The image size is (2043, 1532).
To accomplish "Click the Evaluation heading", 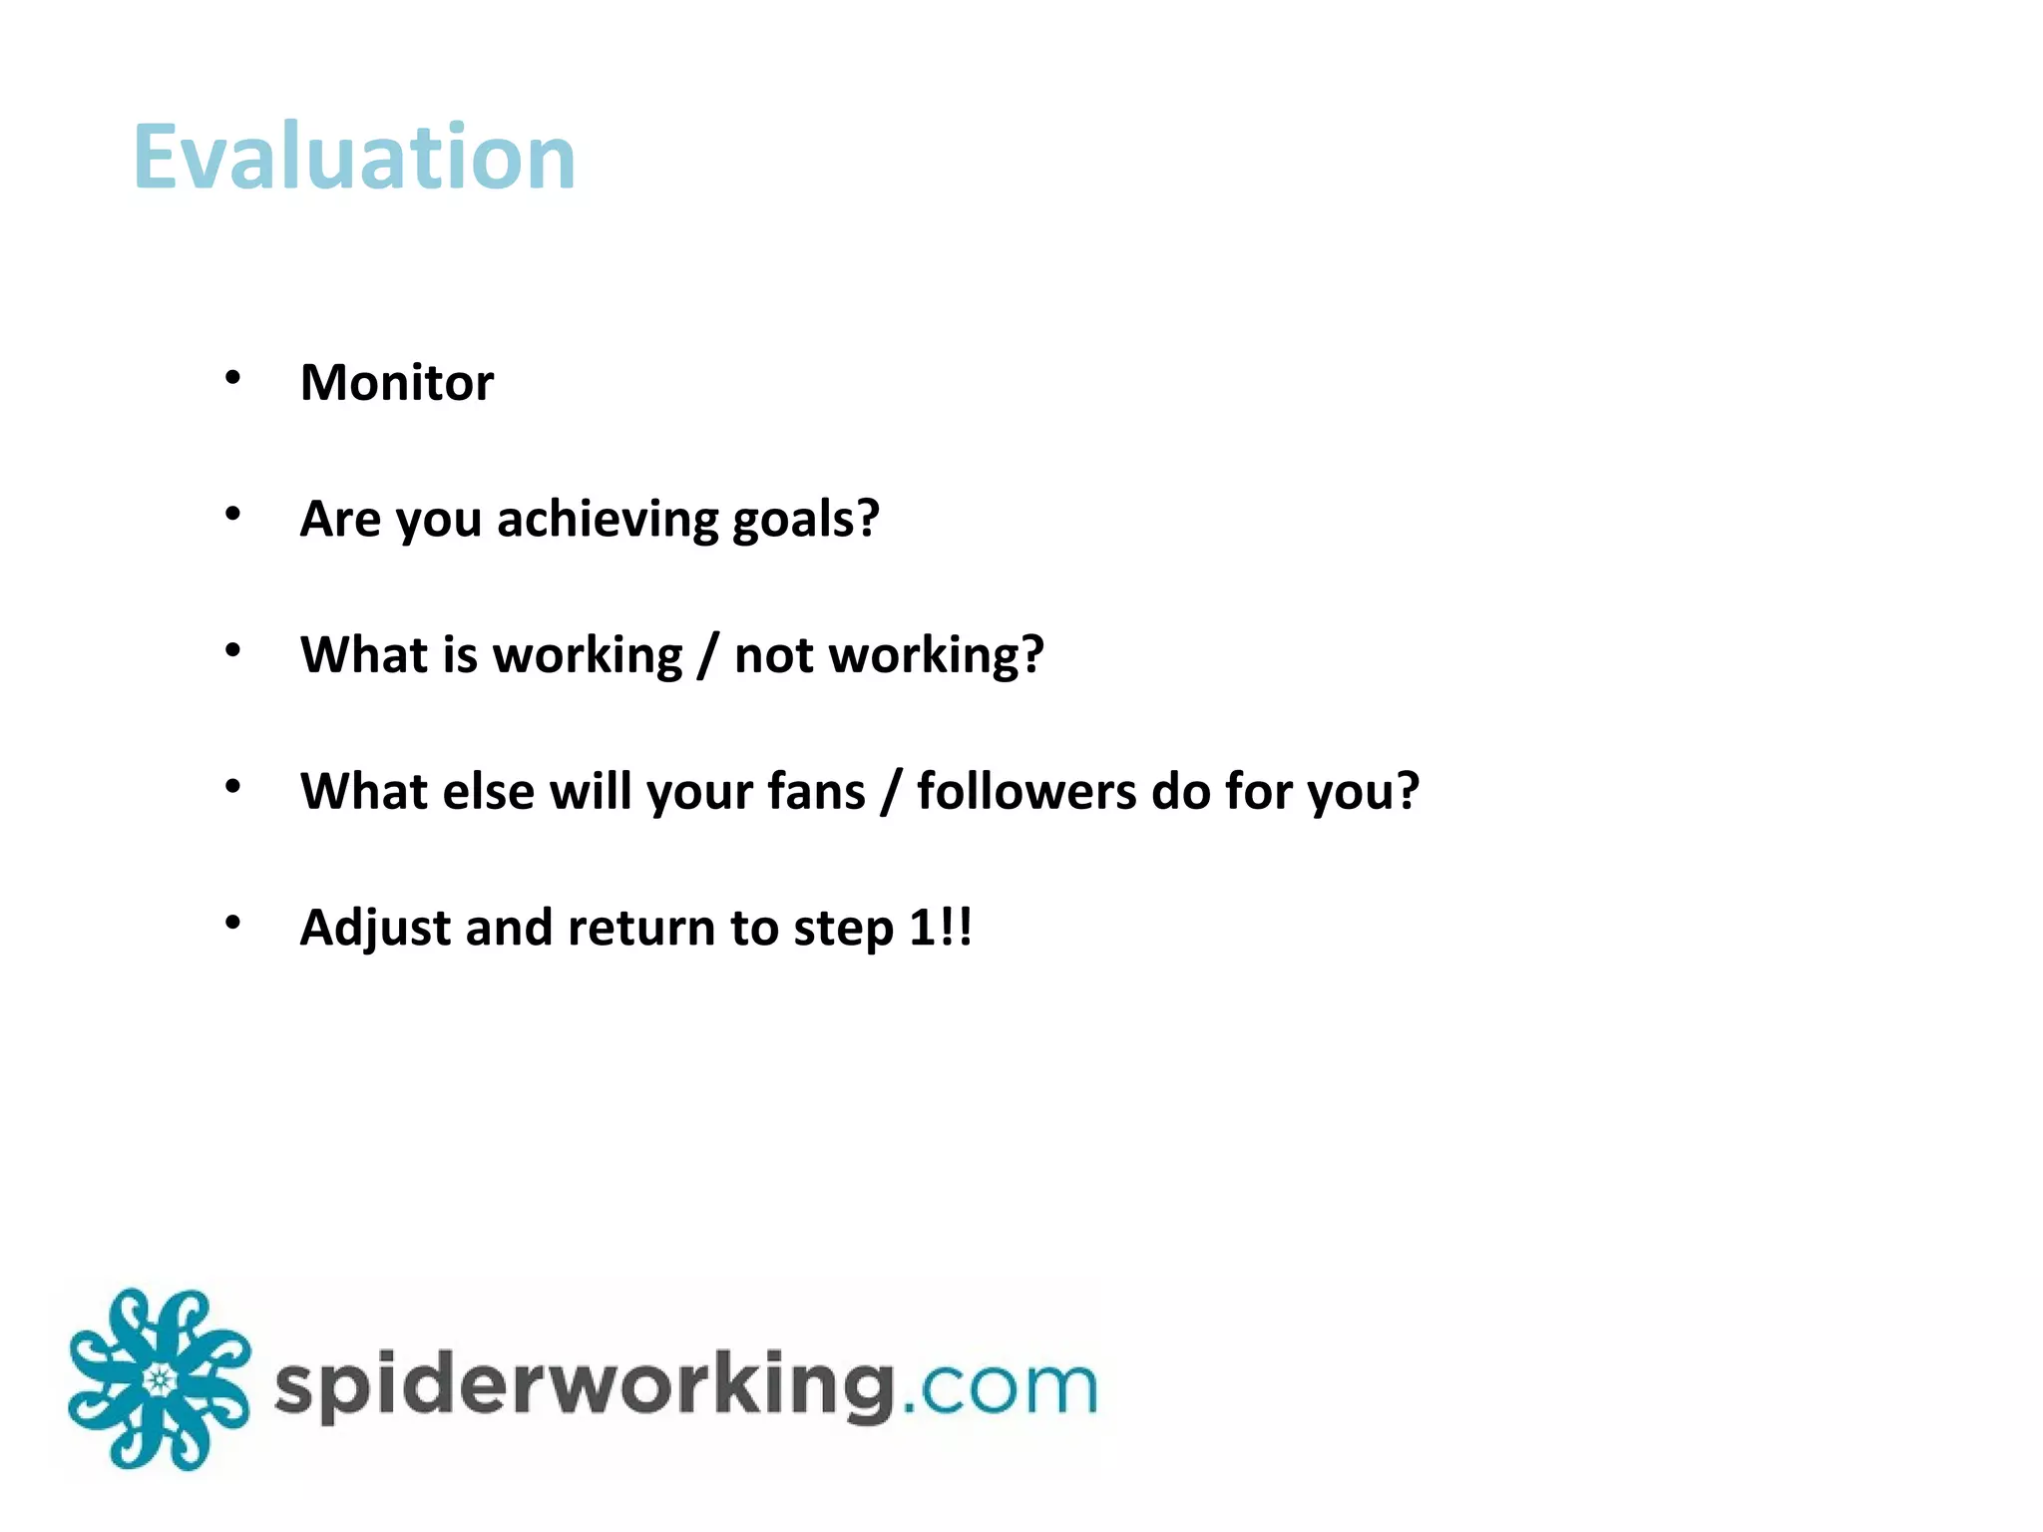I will (x=354, y=158).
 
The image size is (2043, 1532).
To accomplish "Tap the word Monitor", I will (x=397, y=383).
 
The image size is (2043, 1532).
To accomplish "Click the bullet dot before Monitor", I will (x=232, y=378).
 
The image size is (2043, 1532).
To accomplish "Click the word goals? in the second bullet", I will (x=805, y=520).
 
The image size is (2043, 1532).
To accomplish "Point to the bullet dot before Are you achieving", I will (x=232, y=514).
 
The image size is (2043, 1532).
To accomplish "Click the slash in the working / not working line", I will (x=707, y=656).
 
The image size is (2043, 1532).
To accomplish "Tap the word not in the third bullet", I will (x=773, y=656).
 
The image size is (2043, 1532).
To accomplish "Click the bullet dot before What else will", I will (x=232, y=787).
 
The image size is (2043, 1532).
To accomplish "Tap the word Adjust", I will (x=375, y=929).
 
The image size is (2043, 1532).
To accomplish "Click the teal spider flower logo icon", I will (x=159, y=1380).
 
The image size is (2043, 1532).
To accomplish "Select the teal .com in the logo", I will (x=1001, y=1387).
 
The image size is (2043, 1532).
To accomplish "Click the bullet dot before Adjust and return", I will (x=232, y=923).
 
